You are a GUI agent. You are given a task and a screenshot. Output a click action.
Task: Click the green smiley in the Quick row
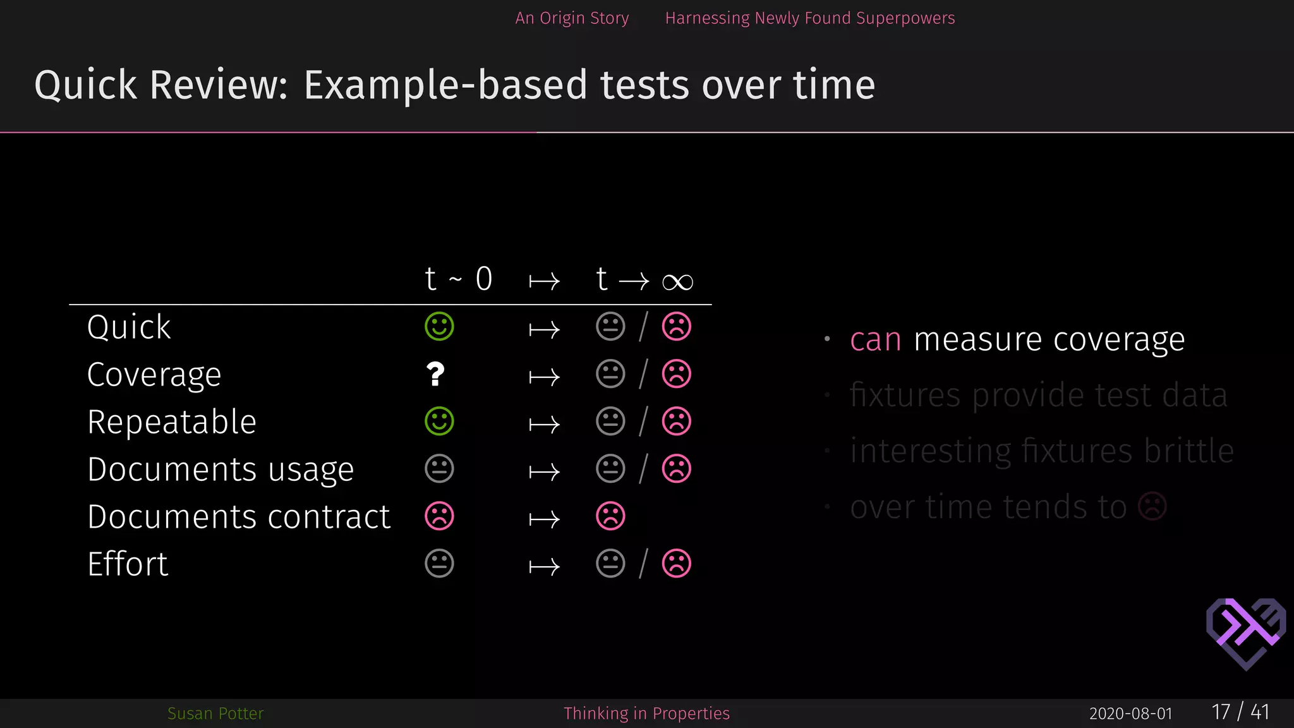pyautogui.click(x=439, y=327)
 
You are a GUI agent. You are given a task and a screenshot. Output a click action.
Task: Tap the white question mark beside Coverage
pyautogui.click(x=435, y=374)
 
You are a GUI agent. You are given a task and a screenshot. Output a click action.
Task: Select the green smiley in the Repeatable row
pyautogui.click(x=439, y=422)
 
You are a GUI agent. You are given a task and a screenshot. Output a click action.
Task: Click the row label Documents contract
pyautogui.click(x=239, y=517)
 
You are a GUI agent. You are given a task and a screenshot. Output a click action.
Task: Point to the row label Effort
pyautogui.click(x=128, y=564)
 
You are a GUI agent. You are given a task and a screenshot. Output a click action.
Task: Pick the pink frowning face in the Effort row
pyautogui.click(x=676, y=564)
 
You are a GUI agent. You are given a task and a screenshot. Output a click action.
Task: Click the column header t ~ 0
pyautogui.click(x=458, y=279)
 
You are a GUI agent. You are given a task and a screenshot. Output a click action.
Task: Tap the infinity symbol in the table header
pyautogui.click(x=677, y=282)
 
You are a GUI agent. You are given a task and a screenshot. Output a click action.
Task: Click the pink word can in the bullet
pyautogui.click(x=875, y=340)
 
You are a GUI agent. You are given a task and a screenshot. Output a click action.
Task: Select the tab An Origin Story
pyautogui.click(x=572, y=18)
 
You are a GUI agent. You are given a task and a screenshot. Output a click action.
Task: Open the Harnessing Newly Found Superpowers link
pyautogui.click(x=809, y=18)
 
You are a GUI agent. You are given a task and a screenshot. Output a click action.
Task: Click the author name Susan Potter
pyautogui.click(x=215, y=713)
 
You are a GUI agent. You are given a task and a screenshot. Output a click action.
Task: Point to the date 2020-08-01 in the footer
pyautogui.click(x=1130, y=713)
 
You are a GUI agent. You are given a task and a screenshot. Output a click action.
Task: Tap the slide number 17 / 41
pyautogui.click(x=1240, y=712)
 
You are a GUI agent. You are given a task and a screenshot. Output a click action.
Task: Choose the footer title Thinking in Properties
pyautogui.click(x=646, y=713)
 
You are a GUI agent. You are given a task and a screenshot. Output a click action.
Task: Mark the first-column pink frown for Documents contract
pyautogui.click(x=439, y=516)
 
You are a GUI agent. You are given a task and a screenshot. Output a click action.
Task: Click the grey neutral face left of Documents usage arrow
pyautogui.click(x=439, y=469)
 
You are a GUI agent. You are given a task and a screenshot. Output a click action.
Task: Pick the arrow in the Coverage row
pyautogui.click(x=544, y=377)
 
